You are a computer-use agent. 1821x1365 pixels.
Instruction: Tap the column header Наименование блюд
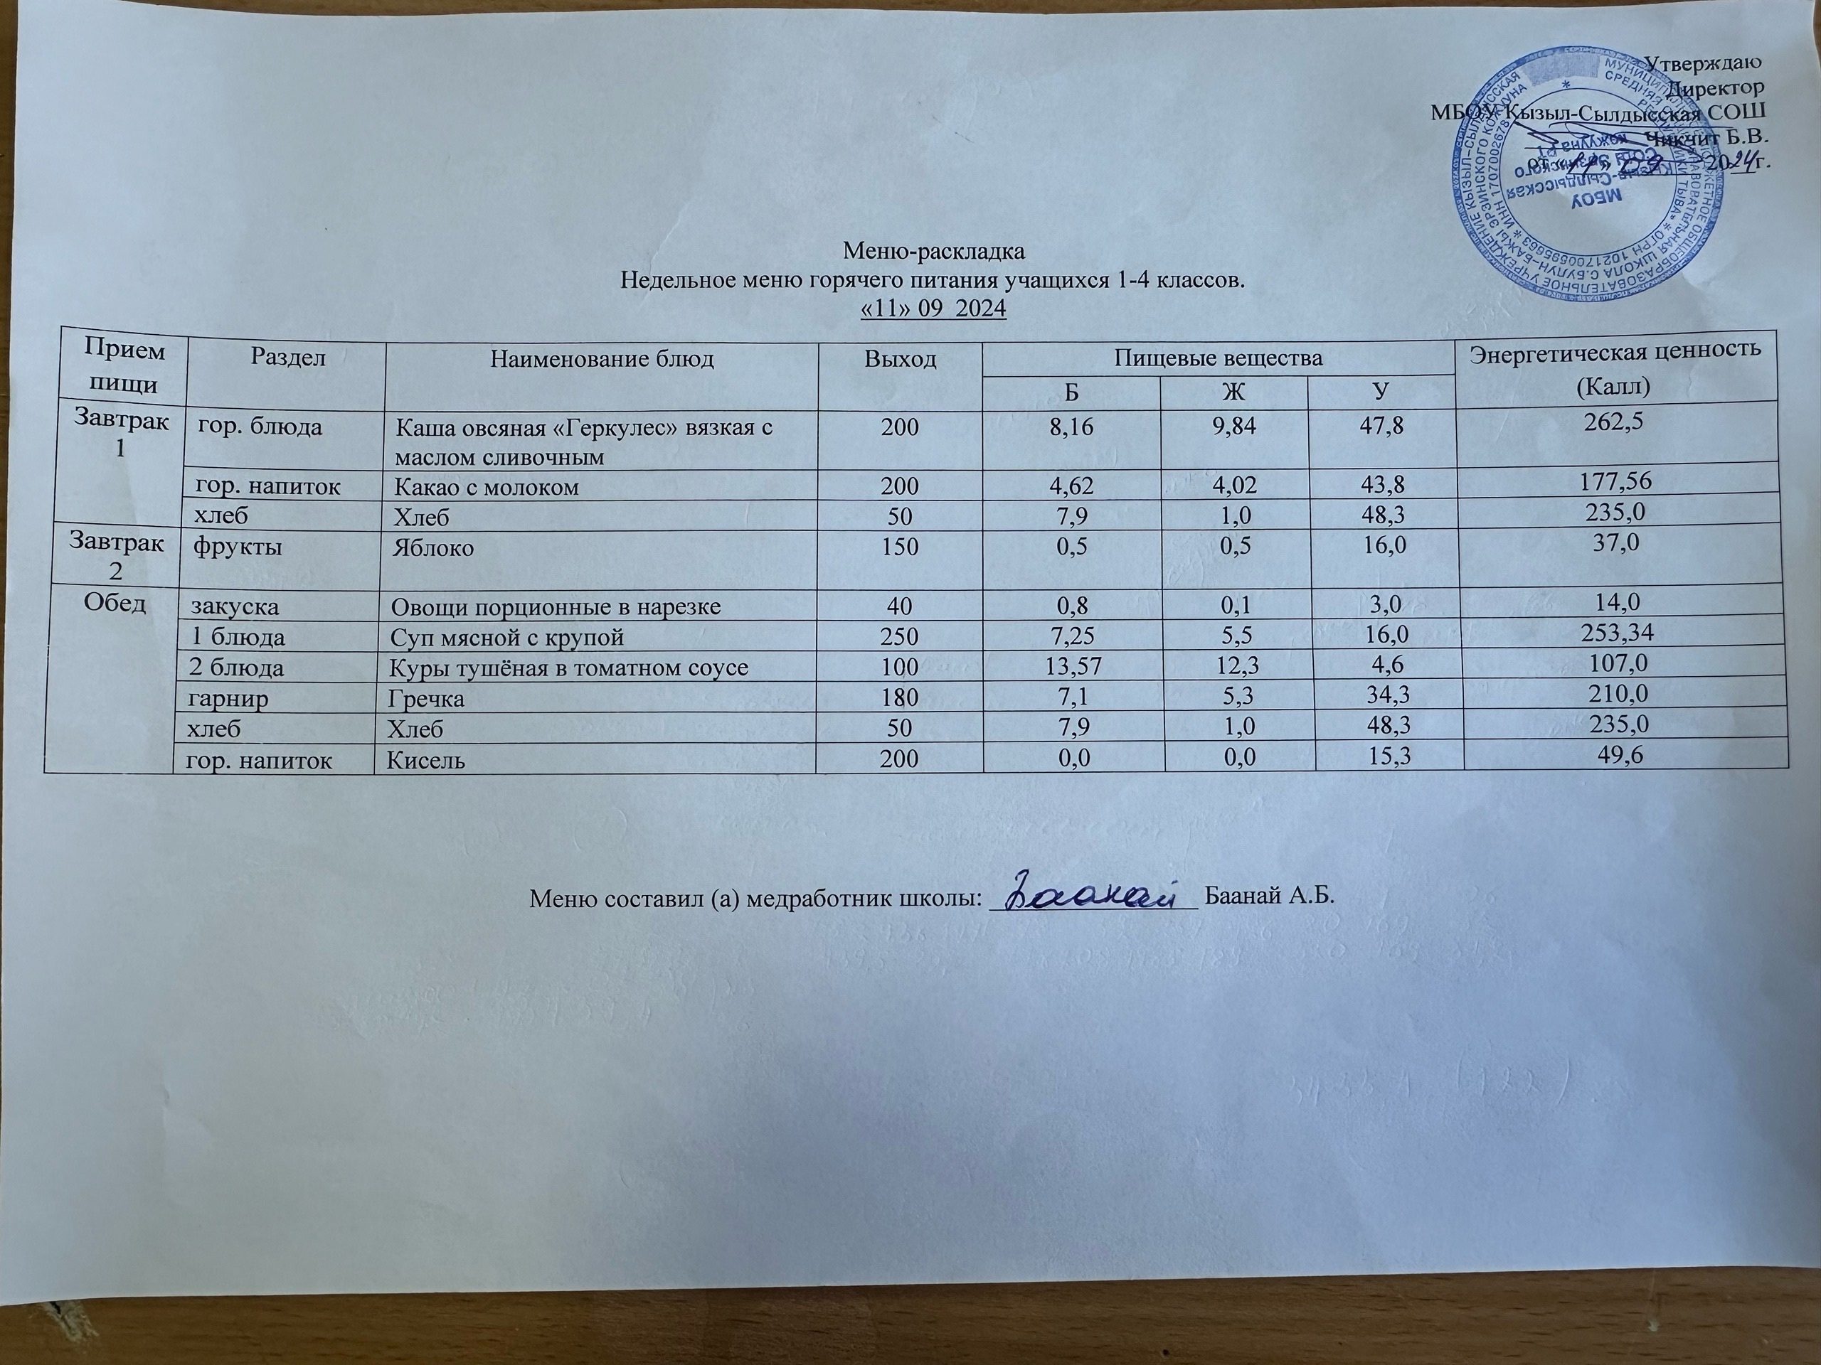602,359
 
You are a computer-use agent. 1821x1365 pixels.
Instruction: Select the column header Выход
900,359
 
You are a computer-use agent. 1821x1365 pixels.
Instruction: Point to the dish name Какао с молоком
487,487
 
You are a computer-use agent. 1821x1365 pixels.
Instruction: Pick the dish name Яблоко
433,548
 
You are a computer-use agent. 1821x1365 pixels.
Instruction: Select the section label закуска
235,607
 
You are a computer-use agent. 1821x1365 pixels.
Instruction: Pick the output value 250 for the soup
901,638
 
